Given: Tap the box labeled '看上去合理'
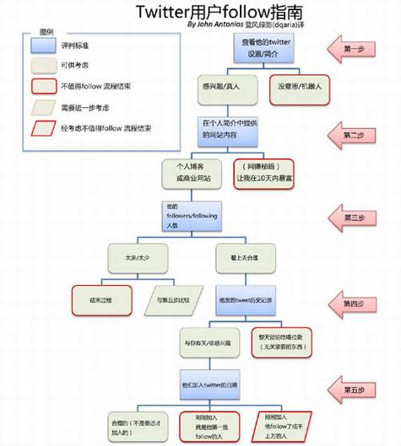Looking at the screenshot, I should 243,256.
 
